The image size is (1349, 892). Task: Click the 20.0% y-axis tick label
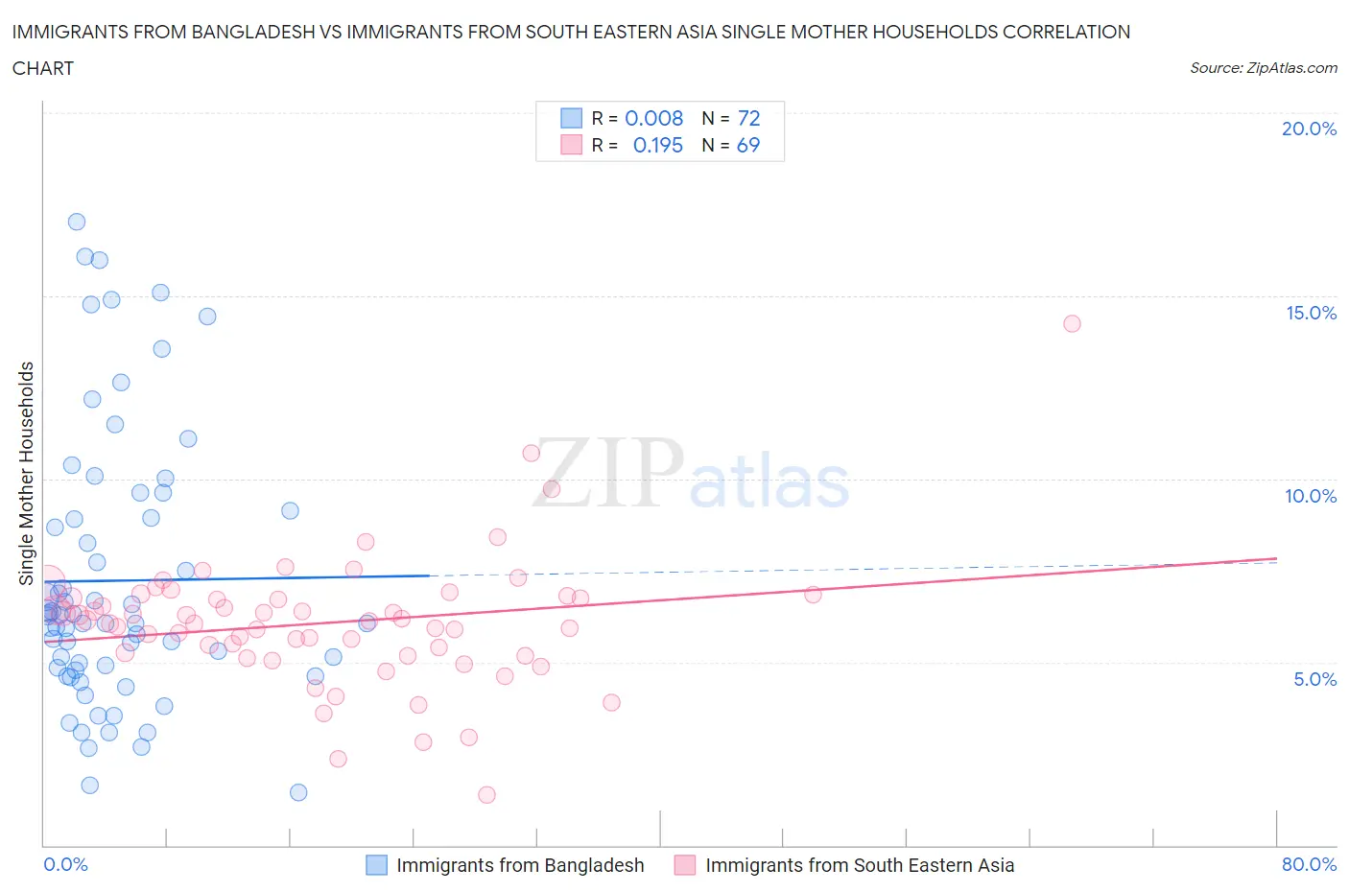coord(1309,129)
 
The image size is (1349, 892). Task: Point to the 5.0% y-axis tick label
coord(1314,679)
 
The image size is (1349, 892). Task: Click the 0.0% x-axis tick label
coord(65,864)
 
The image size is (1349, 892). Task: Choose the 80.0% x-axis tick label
coord(1309,864)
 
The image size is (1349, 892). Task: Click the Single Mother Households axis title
coord(26,473)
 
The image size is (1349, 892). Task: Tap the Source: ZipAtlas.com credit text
coord(1263,67)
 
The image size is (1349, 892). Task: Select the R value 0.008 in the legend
coord(653,118)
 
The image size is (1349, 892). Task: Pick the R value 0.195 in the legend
coord(657,145)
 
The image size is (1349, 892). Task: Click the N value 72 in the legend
coord(748,118)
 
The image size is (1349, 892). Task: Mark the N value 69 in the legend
coord(748,145)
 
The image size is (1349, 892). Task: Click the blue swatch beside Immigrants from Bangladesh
coord(377,865)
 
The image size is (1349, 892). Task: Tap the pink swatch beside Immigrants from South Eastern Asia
coord(685,865)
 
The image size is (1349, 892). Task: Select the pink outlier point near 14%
coord(1072,323)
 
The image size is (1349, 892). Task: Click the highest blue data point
coord(77,222)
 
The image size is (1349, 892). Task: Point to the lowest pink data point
coord(486,794)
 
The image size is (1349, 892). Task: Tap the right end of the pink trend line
coord(1277,558)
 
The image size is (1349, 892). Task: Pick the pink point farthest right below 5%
coord(611,702)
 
